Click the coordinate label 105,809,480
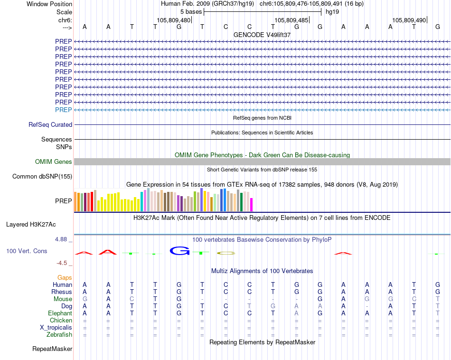[x=173, y=20]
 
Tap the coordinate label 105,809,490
[x=409, y=20]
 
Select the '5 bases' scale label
[x=191, y=11]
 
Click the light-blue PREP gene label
[x=63, y=110]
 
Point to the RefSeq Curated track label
[x=50, y=124]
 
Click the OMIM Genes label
[x=54, y=162]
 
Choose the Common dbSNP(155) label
[x=42, y=177]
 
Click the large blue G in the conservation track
[x=179, y=250]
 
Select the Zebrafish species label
[x=59, y=335]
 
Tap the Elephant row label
[x=60, y=313]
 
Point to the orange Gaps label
[x=65, y=277]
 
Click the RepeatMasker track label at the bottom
[x=52, y=349]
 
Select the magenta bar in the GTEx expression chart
[x=251, y=205]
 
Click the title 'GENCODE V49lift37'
[x=262, y=35]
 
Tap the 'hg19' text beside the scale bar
[x=332, y=11]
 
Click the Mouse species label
[x=63, y=299]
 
